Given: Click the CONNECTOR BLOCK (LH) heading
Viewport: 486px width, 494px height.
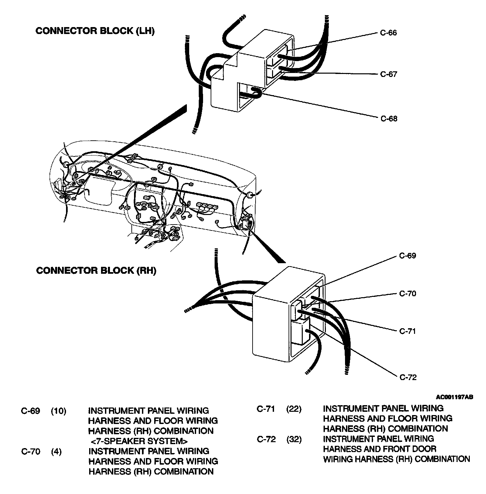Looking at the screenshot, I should point(95,31).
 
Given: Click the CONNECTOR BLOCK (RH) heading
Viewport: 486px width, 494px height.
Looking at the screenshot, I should point(96,270).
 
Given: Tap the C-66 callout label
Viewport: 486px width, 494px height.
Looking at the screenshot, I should point(388,33).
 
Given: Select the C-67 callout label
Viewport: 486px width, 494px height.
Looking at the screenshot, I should point(389,74).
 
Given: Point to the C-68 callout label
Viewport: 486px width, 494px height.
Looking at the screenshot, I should point(389,119).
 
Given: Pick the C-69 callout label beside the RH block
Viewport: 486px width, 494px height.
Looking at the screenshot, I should point(408,256).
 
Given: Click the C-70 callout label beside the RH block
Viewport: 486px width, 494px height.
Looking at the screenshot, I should point(408,293).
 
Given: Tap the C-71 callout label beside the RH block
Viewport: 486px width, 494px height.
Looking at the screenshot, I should point(408,331).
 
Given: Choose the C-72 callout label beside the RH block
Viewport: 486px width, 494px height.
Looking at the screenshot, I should point(408,377).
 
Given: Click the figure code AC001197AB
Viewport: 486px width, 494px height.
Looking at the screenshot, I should point(454,397).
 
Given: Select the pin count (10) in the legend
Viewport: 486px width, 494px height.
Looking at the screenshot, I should point(58,411).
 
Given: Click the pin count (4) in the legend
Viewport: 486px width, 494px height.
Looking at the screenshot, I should point(56,451).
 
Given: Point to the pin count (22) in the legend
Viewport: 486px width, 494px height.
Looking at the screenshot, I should point(294,409).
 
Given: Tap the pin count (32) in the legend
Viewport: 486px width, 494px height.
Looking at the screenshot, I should point(294,440).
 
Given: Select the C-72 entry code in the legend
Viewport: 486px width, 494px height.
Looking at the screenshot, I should point(266,440).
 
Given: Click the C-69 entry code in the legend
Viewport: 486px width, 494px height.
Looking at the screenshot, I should point(31,411).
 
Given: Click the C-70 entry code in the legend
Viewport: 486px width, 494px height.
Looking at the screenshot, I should point(31,451).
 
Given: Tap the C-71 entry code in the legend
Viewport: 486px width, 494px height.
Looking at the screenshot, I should point(266,409).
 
